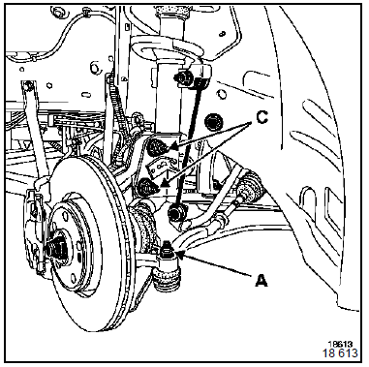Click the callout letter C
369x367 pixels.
click(261, 118)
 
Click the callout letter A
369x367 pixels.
click(261, 280)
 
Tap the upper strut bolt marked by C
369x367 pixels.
click(156, 146)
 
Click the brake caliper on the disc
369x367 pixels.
click(36, 226)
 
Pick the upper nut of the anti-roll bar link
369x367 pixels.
click(181, 76)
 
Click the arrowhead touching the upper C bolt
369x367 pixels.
click(173, 147)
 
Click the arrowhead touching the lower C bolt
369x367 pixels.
click(165, 184)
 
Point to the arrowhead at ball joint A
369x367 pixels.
click(180, 255)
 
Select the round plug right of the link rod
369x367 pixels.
click(213, 122)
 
